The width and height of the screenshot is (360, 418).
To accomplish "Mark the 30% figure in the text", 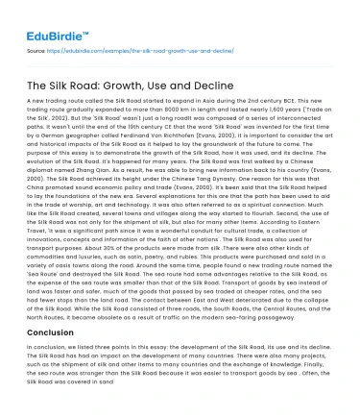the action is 94,258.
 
